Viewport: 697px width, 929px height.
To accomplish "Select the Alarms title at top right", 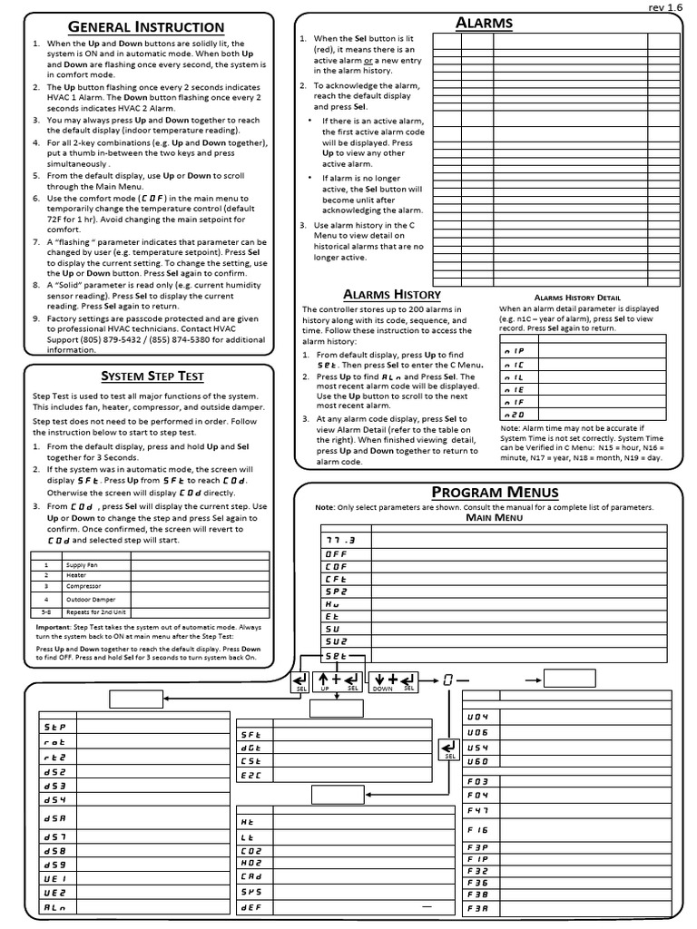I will (484, 23).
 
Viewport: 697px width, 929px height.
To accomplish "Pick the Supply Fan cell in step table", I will (81, 563).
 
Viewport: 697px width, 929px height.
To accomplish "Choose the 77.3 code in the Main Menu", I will (337, 539).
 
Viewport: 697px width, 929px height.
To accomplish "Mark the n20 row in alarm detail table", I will (513, 414).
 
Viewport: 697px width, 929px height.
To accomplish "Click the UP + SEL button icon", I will (337, 680).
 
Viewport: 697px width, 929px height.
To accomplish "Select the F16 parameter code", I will (478, 829).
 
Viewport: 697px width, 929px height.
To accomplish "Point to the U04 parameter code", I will (478, 717).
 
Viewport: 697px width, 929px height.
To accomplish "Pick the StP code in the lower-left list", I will (54, 727).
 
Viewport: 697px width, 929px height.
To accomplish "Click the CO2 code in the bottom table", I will (250, 851).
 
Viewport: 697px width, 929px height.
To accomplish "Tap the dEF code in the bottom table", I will (250, 906).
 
